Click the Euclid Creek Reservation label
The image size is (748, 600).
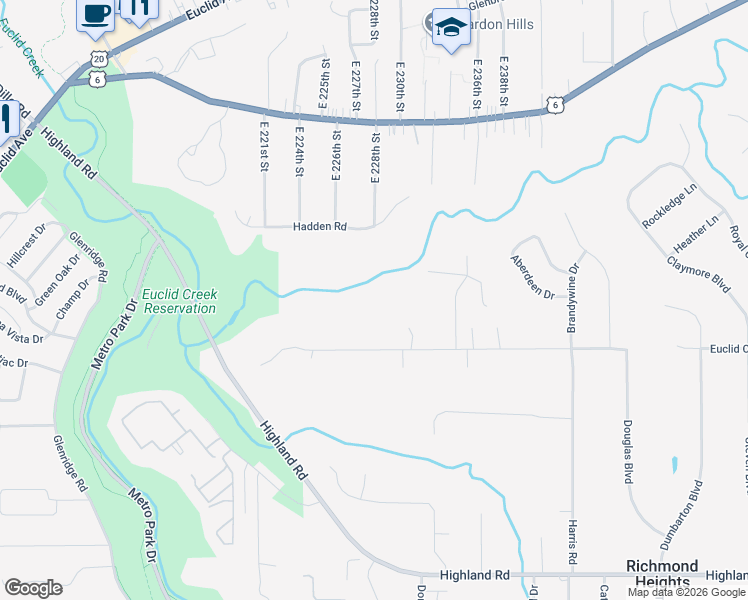[179, 301]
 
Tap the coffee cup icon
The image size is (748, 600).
[95, 14]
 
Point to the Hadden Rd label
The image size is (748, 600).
[319, 227]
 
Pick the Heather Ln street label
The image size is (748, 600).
[697, 234]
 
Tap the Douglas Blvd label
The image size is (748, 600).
[630, 451]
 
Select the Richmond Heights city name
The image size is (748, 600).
[662, 573]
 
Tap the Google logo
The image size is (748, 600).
[33, 587]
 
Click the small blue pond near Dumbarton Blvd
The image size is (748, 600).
[674, 464]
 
